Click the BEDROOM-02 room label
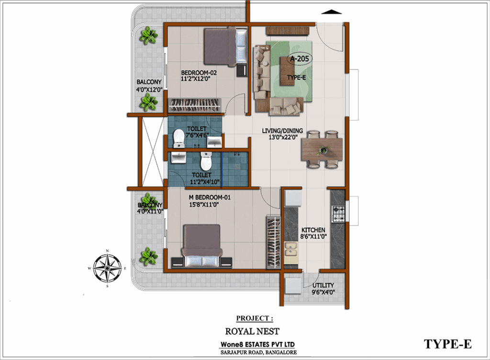(199, 73)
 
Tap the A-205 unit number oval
(300, 59)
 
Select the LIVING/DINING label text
(282, 131)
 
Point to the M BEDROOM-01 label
(210, 197)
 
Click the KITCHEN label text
(313, 230)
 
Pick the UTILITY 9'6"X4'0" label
(323, 289)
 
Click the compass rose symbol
(107, 268)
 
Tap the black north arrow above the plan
(332, 12)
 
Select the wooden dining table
(322, 150)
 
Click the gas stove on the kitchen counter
(338, 214)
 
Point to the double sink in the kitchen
(291, 249)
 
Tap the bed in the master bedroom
(202, 246)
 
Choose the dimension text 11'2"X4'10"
(205, 182)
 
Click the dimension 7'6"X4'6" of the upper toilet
(198, 135)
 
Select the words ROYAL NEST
(252, 331)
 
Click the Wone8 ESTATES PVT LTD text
(257, 344)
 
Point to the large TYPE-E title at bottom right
(447, 344)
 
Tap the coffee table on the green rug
(287, 71)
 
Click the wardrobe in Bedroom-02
(195, 105)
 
